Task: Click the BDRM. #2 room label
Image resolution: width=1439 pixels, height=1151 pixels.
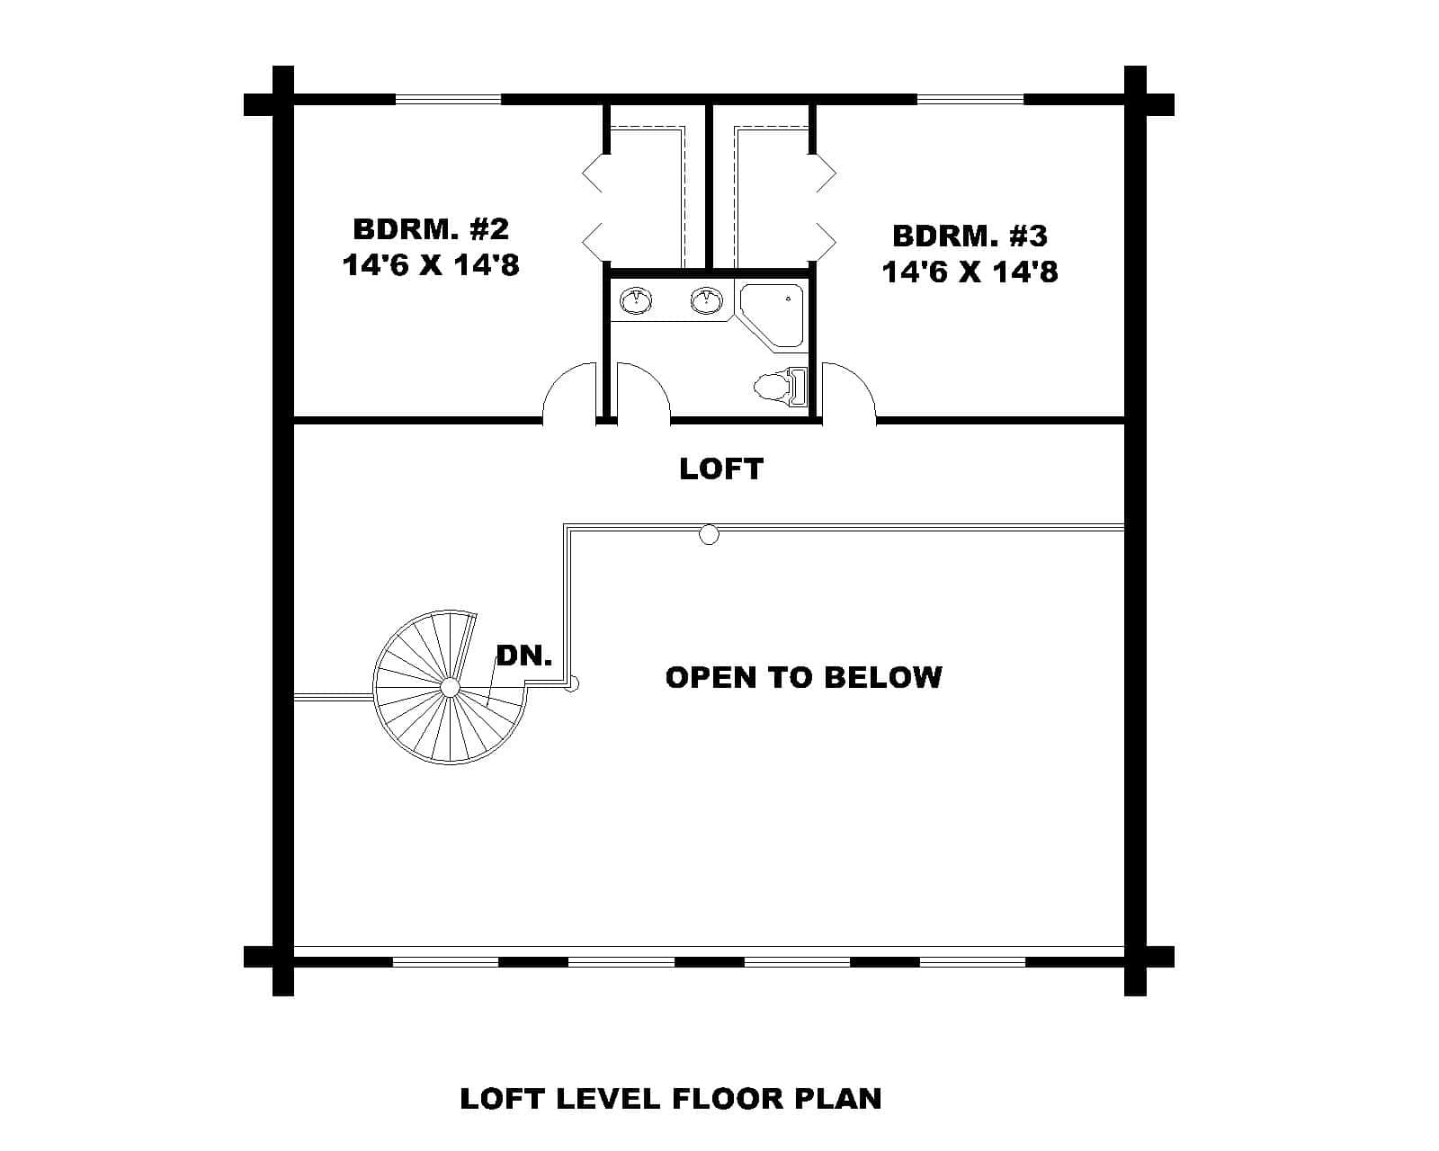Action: pyautogui.click(x=430, y=228)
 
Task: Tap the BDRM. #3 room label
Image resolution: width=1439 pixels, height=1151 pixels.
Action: pyautogui.click(x=970, y=236)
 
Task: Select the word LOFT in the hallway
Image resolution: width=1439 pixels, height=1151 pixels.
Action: pyautogui.click(x=720, y=468)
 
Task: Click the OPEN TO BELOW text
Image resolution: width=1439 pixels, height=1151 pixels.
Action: pyautogui.click(x=803, y=676)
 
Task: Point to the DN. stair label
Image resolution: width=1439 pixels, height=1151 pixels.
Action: pyautogui.click(x=524, y=656)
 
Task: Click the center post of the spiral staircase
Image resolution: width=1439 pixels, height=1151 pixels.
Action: pyautogui.click(x=451, y=688)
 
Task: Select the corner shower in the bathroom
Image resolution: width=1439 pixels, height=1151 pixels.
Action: pyautogui.click(x=772, y=314)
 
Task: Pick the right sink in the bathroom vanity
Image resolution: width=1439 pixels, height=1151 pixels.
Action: pyautogui.click(x=707, y=300)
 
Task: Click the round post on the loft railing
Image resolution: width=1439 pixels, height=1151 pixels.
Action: pyautogui.click(x=710, y=536)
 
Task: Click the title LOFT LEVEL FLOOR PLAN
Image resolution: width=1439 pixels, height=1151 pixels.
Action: pyautogui.click(x=670, y=1099)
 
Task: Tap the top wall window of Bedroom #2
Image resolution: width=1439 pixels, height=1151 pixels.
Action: pyautogui.click(x=447, y=99)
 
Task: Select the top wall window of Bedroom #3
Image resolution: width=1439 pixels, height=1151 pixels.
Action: pyautogui.click(x=970, y=99)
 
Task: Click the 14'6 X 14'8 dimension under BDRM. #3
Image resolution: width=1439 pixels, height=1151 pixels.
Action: pyautogui.click(x=970, y=272)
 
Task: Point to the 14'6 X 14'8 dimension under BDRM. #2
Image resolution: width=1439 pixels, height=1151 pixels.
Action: pyautogui.click(x=430, y=264)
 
